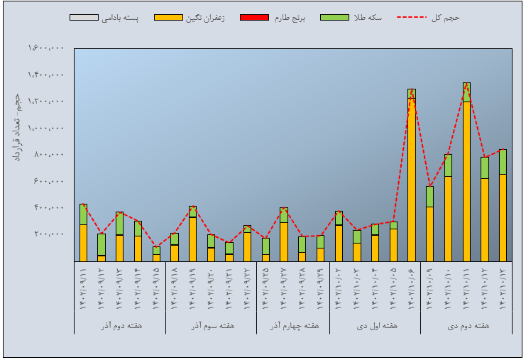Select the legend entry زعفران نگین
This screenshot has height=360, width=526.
[x=191, y=18]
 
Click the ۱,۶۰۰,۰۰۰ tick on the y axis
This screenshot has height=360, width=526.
[x=47, y=48]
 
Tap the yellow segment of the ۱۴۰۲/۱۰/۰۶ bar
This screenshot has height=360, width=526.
[x=412, y=185]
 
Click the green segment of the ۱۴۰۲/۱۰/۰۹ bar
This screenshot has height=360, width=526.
[x=430, y=197]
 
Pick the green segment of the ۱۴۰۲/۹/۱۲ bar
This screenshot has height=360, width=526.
[x=102, y=244]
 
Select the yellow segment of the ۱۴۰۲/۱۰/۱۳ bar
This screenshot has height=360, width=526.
[x=503, y=217]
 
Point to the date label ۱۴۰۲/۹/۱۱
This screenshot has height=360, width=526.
[x=84, y=287]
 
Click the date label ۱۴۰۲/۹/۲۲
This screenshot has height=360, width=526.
[x=247, y=287]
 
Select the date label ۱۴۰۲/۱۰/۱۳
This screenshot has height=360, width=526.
[x=503, y=287]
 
